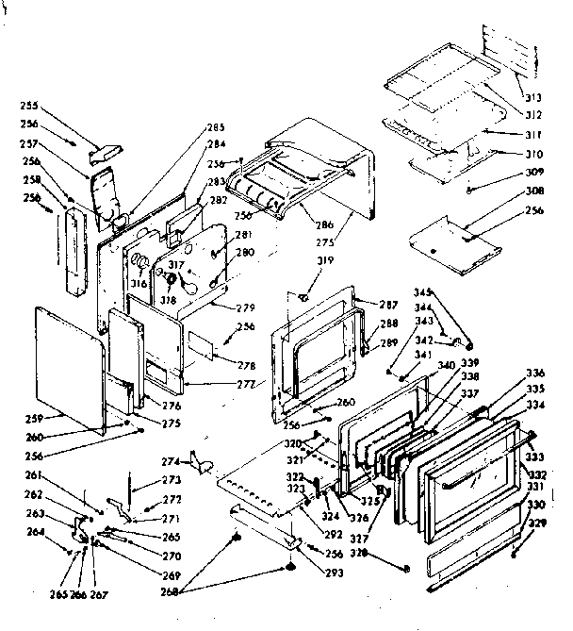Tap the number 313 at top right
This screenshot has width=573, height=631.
coord(533,98)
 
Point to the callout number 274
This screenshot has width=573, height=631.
coord(171,461)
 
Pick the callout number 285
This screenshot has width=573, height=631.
coord(216,127)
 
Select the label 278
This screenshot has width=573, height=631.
coord(247,365)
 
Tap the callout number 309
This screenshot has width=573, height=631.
coord(535,173)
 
